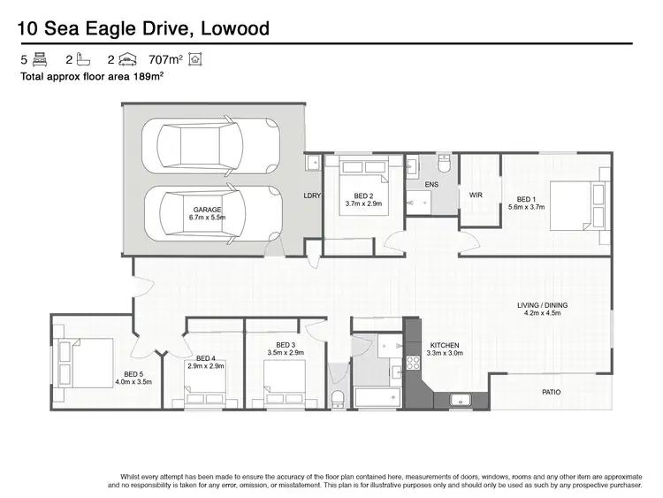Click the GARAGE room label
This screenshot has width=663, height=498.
point(208,210)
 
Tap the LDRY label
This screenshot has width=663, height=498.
point(311,195)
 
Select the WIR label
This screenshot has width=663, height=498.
point(476,195)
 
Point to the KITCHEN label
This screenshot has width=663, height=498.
point(446,345)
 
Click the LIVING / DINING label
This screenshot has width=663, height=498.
point(543,306)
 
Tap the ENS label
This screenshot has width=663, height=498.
point(431,184)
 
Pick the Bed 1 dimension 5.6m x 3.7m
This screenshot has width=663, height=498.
point(526,207)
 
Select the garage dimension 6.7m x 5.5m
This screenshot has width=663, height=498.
point(208,218)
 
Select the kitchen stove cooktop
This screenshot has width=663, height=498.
point(411,362)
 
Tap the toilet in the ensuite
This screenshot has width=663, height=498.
point(445,165)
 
